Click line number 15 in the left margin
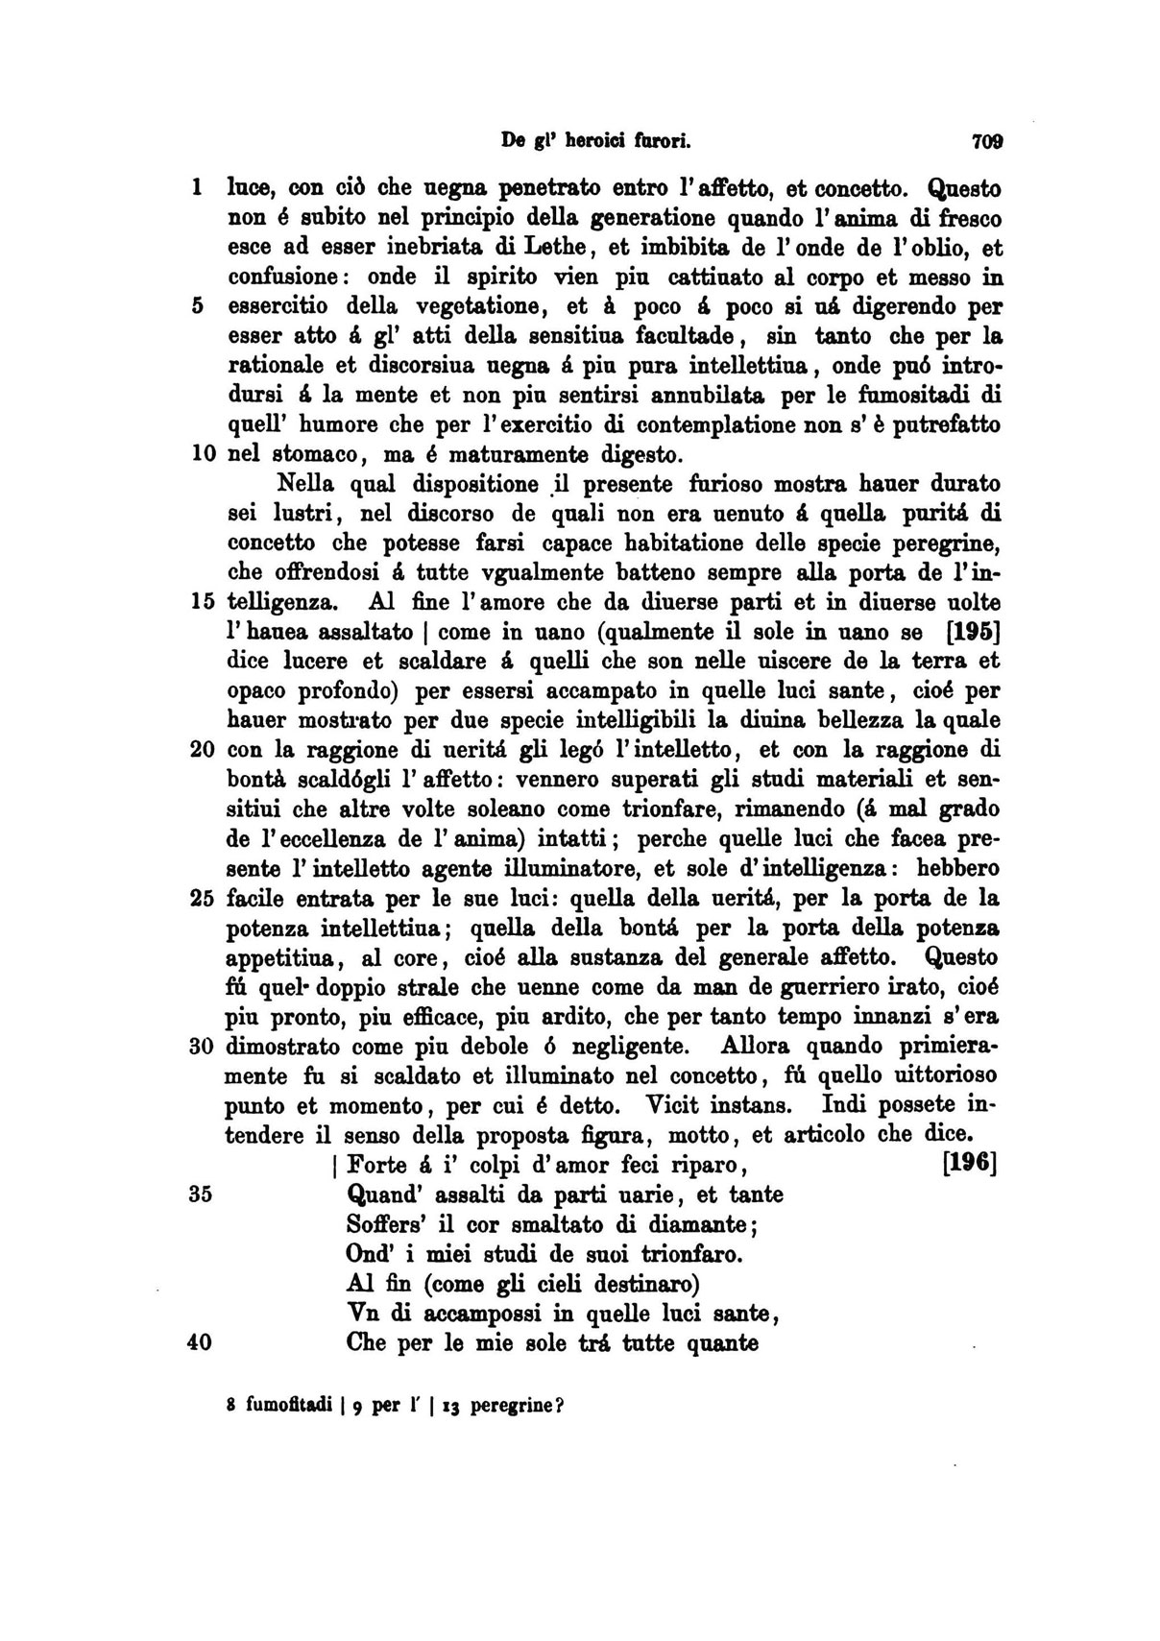tap(202, 603)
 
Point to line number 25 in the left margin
tap(202, 899)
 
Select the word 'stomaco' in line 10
tap(314, 454)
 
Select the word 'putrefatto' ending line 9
tap(947, 424)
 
